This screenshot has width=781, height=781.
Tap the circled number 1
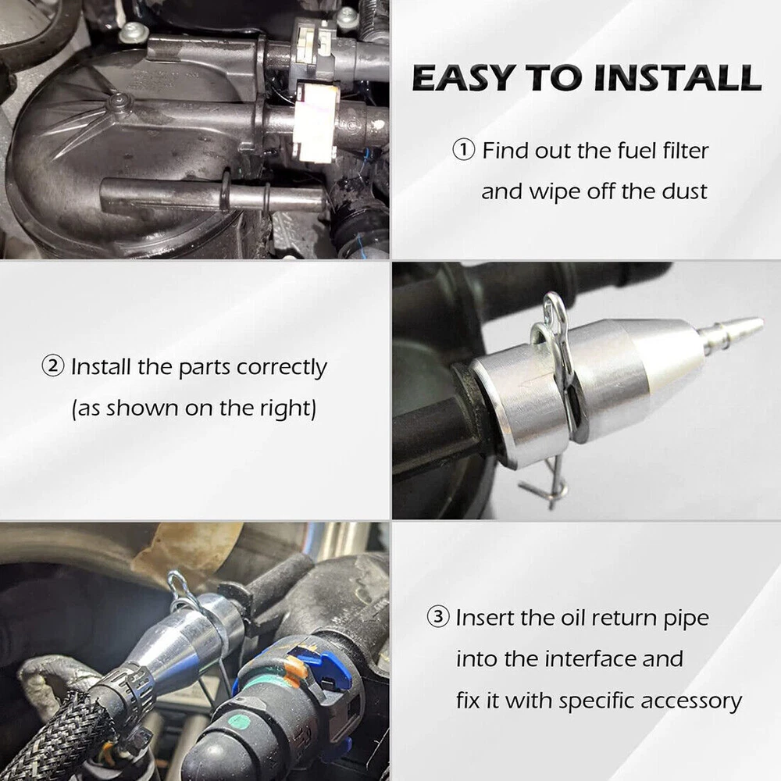click(x=464, y=151)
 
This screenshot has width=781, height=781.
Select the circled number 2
click(x=53, y=366)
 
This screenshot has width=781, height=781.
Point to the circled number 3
click(x=438, y=617)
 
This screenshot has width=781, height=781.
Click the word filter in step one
click(x=686, y=151)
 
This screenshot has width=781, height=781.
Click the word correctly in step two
click(x=281, y=369)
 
